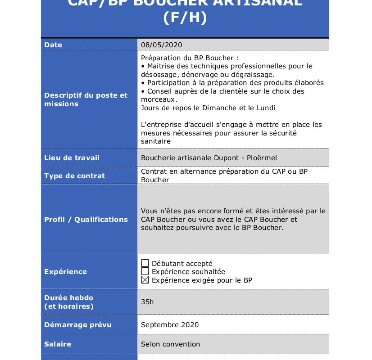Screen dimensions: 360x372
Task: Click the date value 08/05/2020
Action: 161,45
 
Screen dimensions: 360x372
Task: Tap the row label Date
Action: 53,45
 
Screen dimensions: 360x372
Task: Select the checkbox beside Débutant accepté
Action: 145,263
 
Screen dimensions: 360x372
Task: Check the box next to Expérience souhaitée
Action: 145,271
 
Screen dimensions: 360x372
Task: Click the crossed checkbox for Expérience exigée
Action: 145,280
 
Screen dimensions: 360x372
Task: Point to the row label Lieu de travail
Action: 72,157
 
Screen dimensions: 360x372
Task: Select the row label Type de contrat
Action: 74,175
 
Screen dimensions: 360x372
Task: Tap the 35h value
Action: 147,301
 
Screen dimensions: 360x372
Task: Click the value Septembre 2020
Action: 169,324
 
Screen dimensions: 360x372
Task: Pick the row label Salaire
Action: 58,344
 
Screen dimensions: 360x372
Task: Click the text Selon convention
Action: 170,344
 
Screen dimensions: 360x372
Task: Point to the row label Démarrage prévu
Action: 77,324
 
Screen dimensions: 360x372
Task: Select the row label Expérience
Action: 65,271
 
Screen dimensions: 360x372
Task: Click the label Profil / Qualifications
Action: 86,219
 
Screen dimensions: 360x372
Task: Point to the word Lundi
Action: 266,108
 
